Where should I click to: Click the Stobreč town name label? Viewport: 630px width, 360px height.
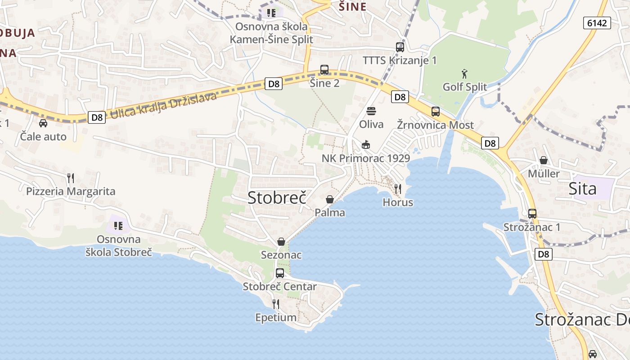[x=277, y=198]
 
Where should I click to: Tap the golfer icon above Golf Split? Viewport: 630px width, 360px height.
[x=464, y=74]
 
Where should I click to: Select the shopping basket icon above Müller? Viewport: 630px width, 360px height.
[x=544, y=160]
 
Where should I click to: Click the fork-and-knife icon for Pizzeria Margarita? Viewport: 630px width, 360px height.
[x=71, y=178]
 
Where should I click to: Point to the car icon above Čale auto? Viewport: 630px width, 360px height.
[x=43, y=123]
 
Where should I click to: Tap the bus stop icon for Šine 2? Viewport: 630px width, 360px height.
[x=324, y=70]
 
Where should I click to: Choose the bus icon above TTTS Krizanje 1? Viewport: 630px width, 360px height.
[x=400, y=47]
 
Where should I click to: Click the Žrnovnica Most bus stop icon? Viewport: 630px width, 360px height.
[x=435, y=112]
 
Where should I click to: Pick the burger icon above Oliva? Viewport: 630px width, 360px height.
[x=371, y=111]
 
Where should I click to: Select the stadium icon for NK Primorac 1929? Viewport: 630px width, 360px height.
[x=365, y=145]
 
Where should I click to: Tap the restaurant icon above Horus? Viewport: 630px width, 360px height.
[x=398, y=189]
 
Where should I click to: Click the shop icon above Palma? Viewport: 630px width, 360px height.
[x=330, y=199]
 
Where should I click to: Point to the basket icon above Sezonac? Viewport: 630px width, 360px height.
[x=281, y=242]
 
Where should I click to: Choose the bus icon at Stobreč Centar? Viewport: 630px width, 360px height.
[x=280, y=273]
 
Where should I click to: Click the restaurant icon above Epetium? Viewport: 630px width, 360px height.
[x=276, y=304]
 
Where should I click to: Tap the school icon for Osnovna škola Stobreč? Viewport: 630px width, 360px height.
[x=118, y=225]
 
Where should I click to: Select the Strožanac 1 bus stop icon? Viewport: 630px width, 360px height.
[x=532, y=214]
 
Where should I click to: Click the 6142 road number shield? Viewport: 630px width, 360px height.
[x=597, y=23]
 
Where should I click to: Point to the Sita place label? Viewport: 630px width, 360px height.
[x=583, y=189]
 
